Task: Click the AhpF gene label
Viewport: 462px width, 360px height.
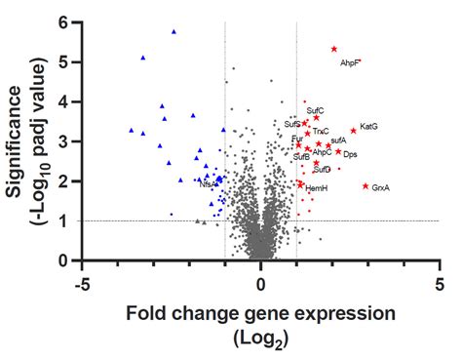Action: point(350,63)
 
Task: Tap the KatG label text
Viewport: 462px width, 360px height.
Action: point(368,127)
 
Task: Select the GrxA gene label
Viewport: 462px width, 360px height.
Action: point(381,188)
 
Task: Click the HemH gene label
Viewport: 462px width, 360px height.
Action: point(317,187)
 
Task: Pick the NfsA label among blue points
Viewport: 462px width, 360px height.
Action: point(208,183)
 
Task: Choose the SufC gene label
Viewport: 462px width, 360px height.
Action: point(315,111)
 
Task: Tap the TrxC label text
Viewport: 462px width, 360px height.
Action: point(321,132)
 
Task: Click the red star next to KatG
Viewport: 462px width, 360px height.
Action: point(354,130)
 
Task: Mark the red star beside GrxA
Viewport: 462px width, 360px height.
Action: point(366,186)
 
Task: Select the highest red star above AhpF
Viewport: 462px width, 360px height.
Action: point(333,49)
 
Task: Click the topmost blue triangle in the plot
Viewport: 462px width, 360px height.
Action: point(173,32)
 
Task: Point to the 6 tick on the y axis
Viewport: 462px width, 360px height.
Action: point(62,21)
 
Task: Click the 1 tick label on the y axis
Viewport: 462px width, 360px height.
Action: point(62,220)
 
